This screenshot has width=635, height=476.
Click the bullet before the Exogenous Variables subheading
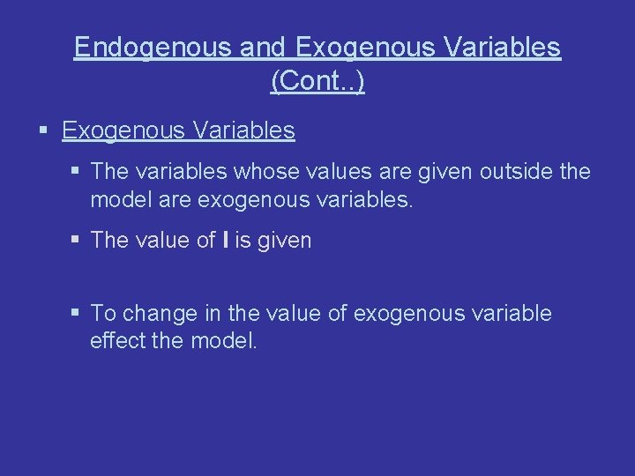pos(44,131)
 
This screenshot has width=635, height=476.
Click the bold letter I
pos(227,240)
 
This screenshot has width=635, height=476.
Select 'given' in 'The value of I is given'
pos(283,240)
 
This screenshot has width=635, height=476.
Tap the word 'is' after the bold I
pos(243,240)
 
